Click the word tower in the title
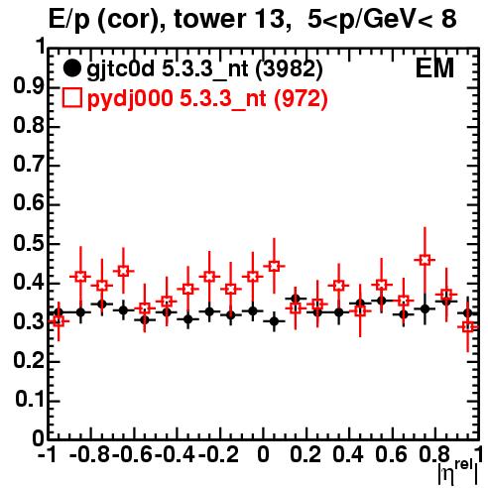point(208,19)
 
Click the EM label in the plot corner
point(434,68)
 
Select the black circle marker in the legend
point(71,68)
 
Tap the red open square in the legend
point(71,97)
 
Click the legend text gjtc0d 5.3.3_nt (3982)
point(204,69)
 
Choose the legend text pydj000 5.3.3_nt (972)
point(207,98)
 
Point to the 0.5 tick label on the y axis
point(29,244)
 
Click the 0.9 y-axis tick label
point(29,87)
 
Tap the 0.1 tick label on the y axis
point(30,400)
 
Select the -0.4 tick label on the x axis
point(176,454)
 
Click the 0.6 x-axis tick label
point(391,454)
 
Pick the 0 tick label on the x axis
point(263,454)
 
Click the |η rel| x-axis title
point(458,473)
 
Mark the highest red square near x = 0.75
point(425,260)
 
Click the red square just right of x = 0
point(274,266)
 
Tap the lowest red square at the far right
point(468,326)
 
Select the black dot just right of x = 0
point(274,321)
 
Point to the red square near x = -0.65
point(123,271)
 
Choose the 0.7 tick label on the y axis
point(29,166)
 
